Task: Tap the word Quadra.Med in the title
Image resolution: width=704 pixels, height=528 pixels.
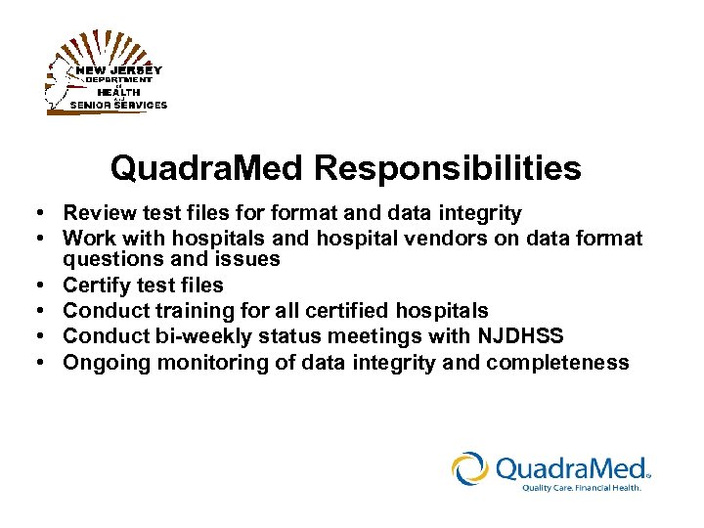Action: tap(207, 168)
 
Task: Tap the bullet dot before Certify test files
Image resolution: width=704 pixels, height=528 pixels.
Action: tap(34, 286)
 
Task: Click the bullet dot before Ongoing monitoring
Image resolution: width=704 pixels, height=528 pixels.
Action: tap(34, 363)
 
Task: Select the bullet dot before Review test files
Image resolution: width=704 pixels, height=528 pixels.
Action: tap(34, 213)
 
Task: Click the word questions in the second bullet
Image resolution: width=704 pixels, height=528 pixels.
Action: tap(107, 259)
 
